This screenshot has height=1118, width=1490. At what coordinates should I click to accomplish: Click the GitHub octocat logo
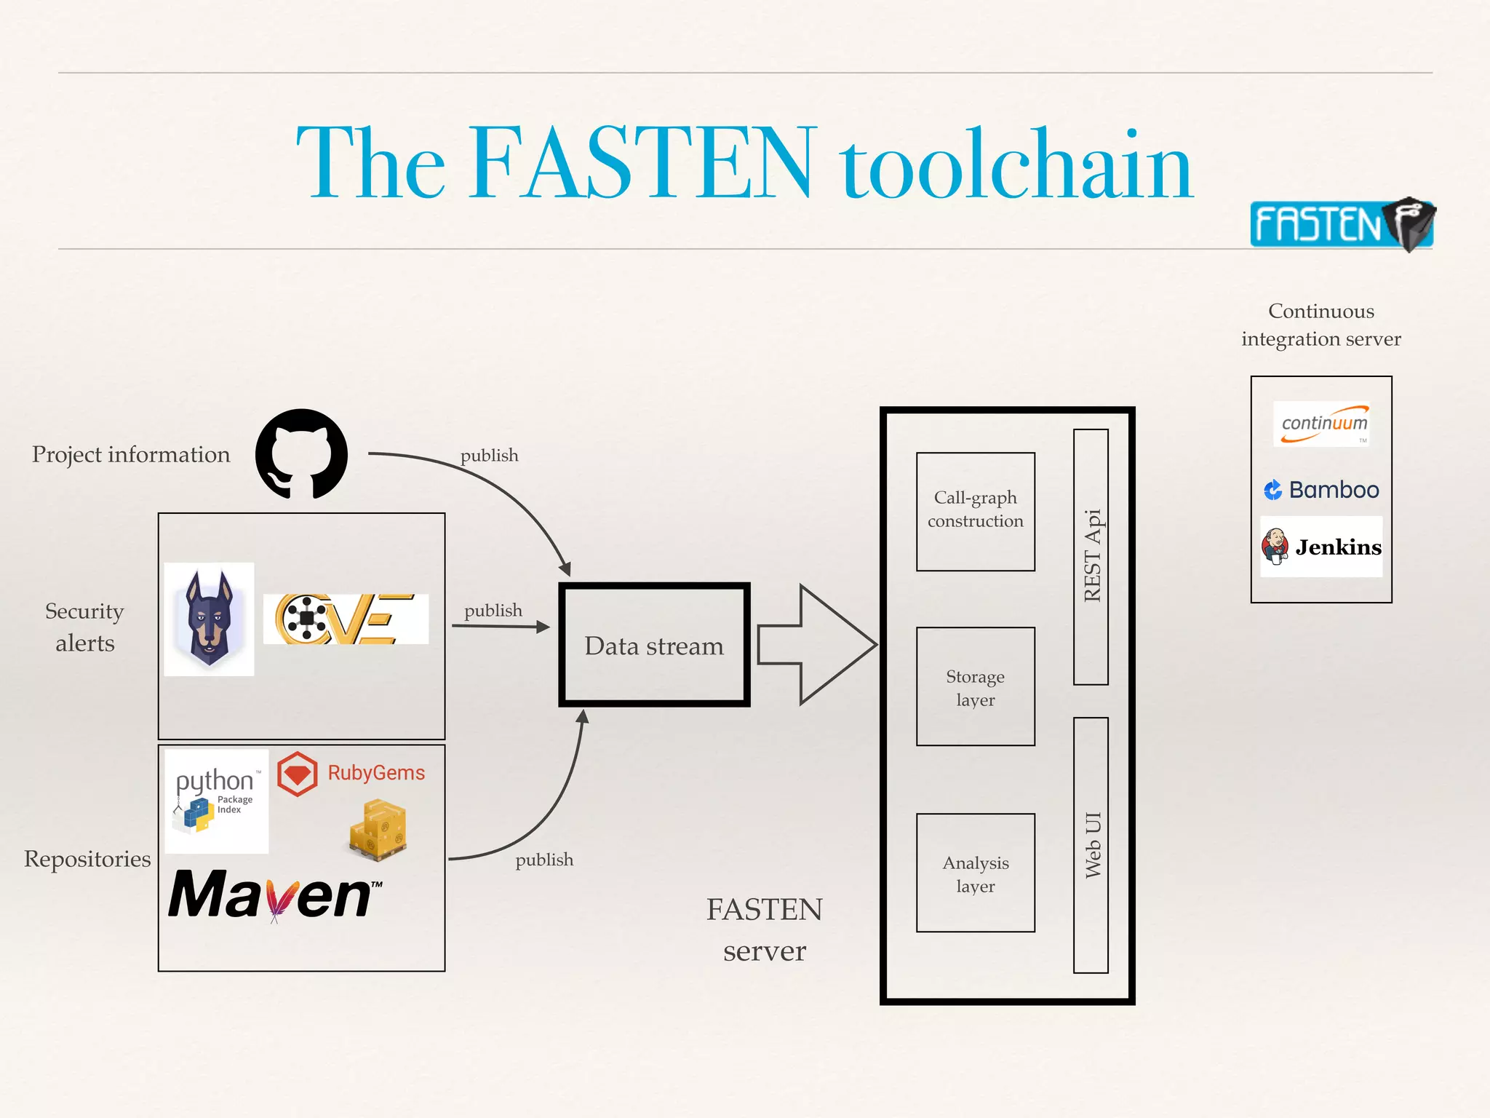301,453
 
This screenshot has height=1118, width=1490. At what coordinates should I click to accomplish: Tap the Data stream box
654,645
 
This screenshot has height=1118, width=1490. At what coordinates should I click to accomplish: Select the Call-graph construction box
975,511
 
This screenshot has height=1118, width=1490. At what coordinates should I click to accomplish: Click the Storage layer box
975,686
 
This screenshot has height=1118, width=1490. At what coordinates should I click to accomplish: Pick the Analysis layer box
975,873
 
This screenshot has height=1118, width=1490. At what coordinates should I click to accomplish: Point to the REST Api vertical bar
1091,557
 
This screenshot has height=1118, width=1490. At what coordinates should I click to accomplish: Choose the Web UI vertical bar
1091,844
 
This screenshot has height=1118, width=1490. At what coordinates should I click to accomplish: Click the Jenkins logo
1321,547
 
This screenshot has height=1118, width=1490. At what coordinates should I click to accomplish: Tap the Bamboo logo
1321,490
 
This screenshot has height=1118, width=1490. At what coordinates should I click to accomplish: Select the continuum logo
1322,424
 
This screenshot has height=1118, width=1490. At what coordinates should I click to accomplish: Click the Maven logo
275,895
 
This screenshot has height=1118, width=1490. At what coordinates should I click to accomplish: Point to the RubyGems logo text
375,773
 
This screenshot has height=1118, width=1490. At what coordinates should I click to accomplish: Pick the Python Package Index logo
216,801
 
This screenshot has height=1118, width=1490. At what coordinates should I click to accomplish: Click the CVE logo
345,619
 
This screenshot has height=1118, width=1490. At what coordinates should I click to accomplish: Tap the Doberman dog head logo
209,619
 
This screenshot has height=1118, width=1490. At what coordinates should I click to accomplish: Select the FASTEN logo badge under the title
1340,224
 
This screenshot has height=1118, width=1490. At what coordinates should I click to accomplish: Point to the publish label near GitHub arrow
489,456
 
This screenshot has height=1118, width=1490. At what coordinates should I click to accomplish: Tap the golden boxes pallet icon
378,830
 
